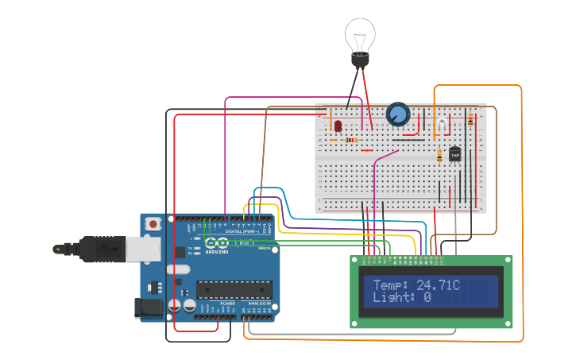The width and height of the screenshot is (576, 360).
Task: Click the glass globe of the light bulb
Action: pyautogui.click(x=359, y=35)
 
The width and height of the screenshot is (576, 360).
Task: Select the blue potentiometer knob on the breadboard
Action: pyautogui.click(x=397, y=115)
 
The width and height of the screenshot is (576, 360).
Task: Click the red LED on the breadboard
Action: pyautogui.click(x=338, y=126)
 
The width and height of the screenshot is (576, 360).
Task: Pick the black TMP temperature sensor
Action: pyautogui.click(x=455, y=154)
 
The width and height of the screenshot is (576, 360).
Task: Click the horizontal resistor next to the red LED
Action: pyautogui.click(x=351, y=140)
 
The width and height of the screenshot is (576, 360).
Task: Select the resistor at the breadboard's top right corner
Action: pyautogui.click(x=470, y=120)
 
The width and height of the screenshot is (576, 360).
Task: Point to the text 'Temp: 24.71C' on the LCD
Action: pyautogui.click(x=416, y=285)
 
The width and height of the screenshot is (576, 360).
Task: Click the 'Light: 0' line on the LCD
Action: pyautogui.click(x=402, y=297)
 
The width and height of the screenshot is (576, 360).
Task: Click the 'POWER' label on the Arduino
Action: pyautogui.click(x=227, y=303)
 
